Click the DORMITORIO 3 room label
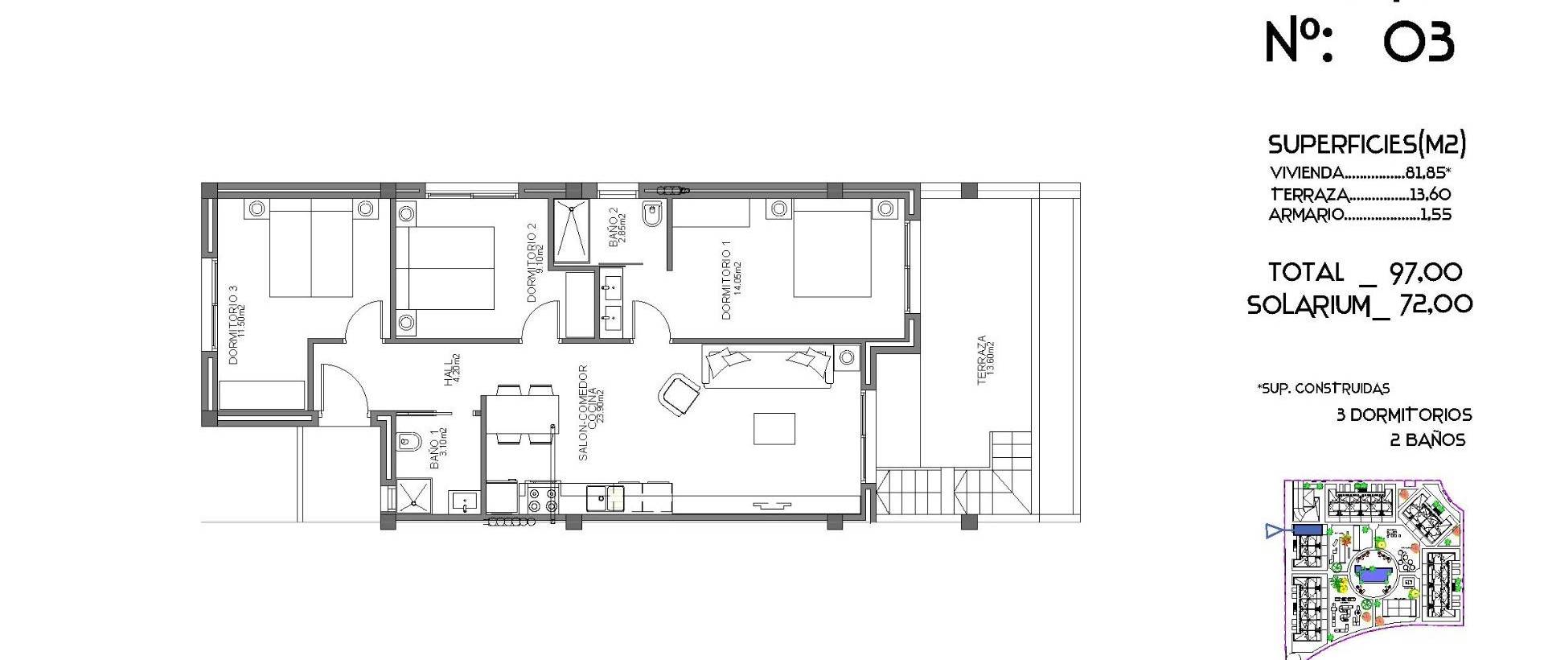click(236, 324)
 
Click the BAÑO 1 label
click(437, 449)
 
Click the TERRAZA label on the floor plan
click(985, 360)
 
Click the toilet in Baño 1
click(407, 442)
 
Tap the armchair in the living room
click(680, 395)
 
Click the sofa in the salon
click(768, 366)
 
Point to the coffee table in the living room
click(774, 428)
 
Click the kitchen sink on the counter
click(606, 498)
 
